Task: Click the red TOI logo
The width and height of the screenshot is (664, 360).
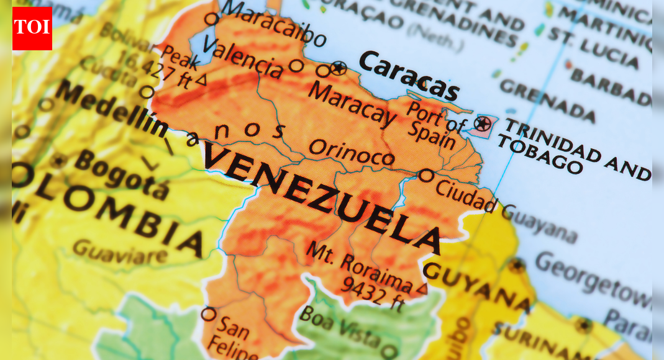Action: point(32,28)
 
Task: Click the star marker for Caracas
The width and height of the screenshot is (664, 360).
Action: point(338,68)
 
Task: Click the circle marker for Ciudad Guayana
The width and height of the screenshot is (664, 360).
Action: point(425,176)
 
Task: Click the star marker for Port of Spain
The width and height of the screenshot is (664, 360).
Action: point(482,123)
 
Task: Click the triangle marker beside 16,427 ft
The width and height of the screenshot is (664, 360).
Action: point(201,79)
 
